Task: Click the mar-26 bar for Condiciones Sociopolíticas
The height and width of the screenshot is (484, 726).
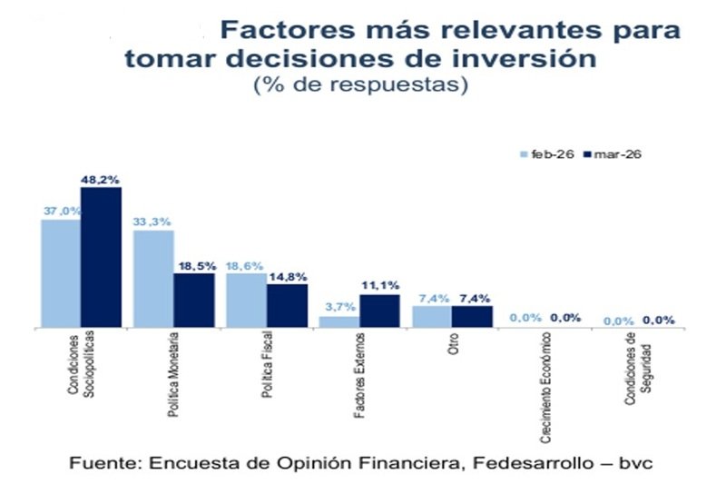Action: [100, 257]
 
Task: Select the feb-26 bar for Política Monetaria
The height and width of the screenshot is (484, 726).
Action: [153, 278]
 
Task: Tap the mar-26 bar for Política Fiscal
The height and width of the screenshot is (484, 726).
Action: [286, 305]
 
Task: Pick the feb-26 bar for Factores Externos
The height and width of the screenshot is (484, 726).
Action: [339, 321]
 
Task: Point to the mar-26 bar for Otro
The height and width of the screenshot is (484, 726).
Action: [472, 316]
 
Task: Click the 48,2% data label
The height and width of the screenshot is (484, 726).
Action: [102, 179]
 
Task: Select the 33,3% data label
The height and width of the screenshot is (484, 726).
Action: [153, 221]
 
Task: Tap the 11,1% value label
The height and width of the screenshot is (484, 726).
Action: [379, 285]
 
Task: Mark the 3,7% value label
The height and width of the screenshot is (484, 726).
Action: [339, 307]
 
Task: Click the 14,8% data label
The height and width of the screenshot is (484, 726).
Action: [286, 276]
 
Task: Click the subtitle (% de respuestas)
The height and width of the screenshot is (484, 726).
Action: [360, 86]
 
